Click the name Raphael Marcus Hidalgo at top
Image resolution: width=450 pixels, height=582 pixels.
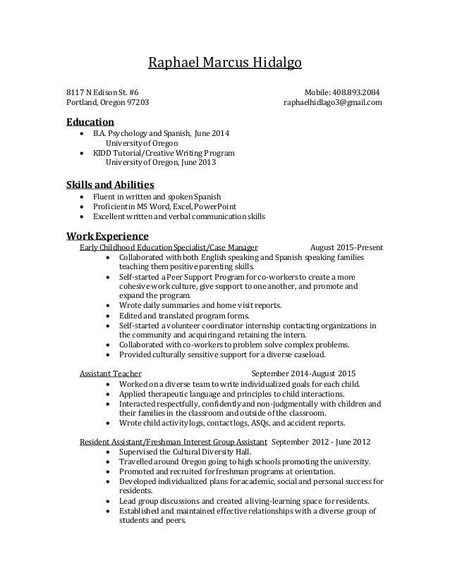[224, 64]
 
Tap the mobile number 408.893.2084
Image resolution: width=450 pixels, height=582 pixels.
[358, 92]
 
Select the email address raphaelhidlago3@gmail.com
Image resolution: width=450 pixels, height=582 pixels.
[332, 103]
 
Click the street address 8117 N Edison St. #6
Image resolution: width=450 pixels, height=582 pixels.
[102, 92]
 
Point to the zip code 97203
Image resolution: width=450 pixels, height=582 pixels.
[138, 103]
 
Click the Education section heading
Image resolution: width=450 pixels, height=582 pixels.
[90, 121]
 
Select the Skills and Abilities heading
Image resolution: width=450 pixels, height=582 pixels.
[109, 185]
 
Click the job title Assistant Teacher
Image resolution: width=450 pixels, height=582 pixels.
[111, 373]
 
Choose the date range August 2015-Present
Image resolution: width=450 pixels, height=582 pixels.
[346, 247]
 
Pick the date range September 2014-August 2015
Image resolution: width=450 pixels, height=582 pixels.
[304, 373]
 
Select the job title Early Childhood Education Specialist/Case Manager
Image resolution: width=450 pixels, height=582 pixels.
[169, 247]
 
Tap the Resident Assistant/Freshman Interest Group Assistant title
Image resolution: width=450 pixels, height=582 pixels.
[173, 441]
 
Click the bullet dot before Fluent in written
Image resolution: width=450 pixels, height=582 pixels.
[85, 196]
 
